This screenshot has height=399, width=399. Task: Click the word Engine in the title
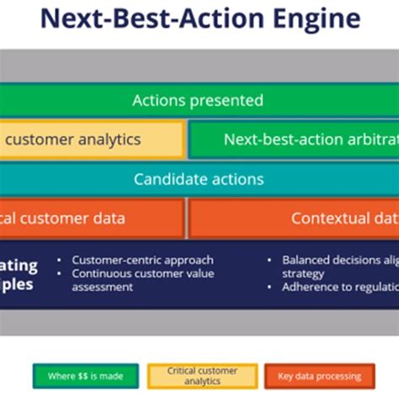[x=311, y=19]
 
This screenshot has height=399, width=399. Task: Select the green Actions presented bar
[x=199, y=100]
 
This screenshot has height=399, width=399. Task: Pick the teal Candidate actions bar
[x=199, y=178]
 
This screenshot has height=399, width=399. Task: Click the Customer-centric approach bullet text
[x=142, y=260]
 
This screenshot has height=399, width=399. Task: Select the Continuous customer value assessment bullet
[x=142, y=279]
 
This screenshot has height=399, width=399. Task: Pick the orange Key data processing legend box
[x=321, y=376]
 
